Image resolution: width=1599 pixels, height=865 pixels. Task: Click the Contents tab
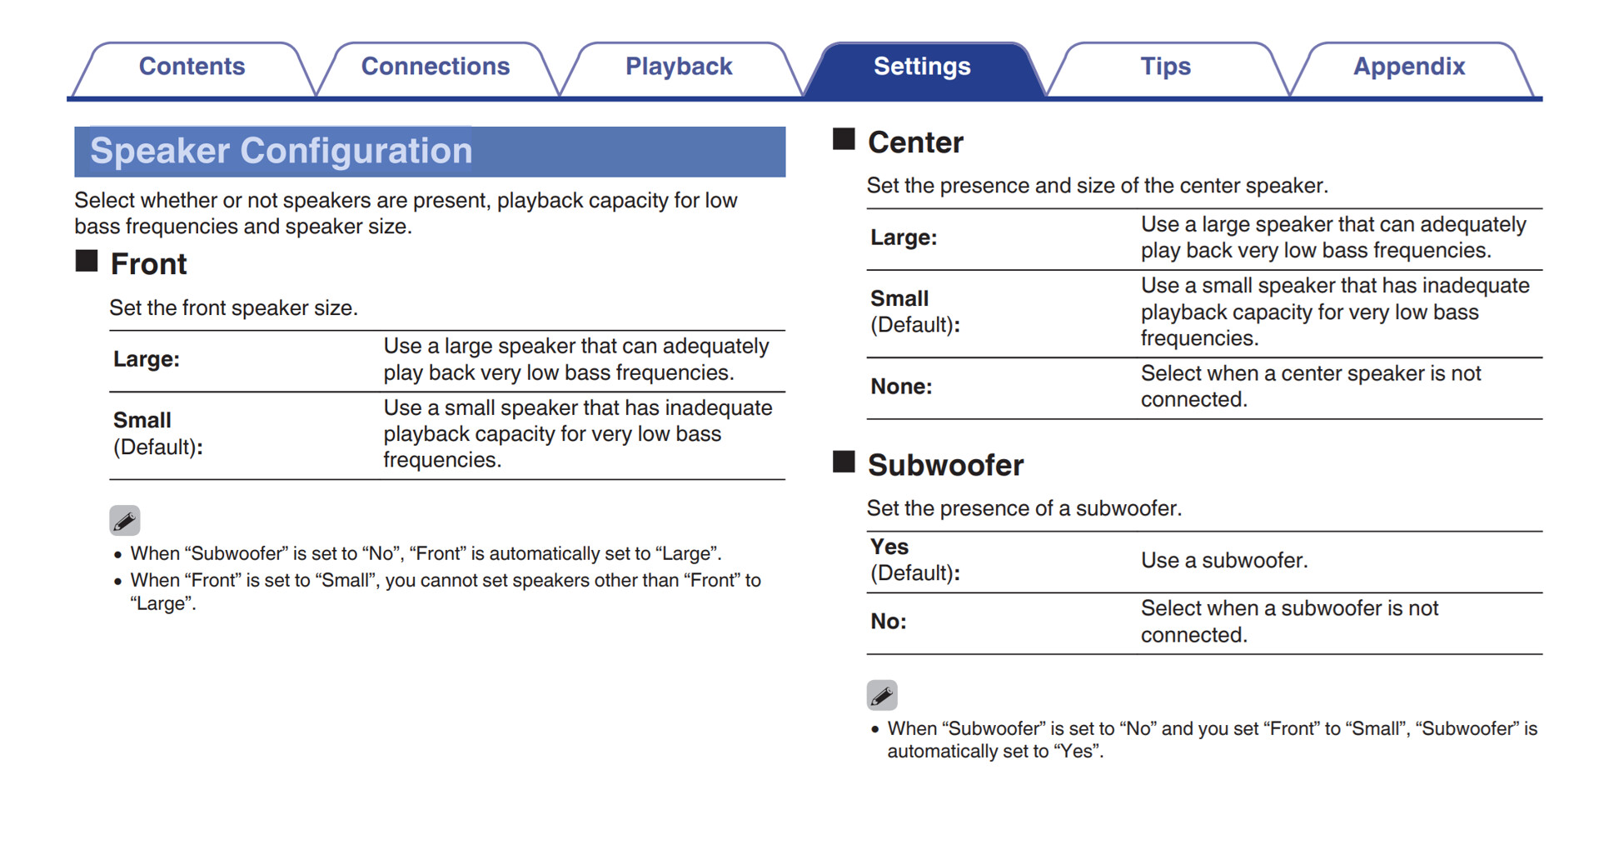192,67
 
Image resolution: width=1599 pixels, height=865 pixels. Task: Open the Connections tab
435,67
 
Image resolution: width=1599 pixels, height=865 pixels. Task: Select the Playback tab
679,67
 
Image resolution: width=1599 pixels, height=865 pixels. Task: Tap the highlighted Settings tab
922,67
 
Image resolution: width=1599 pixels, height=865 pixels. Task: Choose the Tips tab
1165,67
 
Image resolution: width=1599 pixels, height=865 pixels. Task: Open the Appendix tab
1408,67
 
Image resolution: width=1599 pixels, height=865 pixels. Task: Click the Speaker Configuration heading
281,151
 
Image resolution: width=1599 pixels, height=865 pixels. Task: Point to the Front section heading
148,264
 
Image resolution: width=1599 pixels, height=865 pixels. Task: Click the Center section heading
915,142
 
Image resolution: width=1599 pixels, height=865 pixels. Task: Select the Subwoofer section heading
945,465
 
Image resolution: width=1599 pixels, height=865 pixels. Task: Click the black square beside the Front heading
87,261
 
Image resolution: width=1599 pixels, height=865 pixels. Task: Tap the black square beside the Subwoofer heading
844,462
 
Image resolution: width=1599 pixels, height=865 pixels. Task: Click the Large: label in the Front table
147,359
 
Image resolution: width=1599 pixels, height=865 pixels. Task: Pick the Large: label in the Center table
904,237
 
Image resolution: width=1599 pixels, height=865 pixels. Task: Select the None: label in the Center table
901,387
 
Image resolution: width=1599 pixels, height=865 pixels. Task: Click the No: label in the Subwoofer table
889,622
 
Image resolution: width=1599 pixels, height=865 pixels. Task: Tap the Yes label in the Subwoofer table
889,547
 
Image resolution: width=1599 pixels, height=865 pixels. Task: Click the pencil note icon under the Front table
125,521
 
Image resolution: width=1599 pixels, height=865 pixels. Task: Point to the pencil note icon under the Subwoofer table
882,695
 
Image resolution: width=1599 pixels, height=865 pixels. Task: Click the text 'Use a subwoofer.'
1224,561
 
